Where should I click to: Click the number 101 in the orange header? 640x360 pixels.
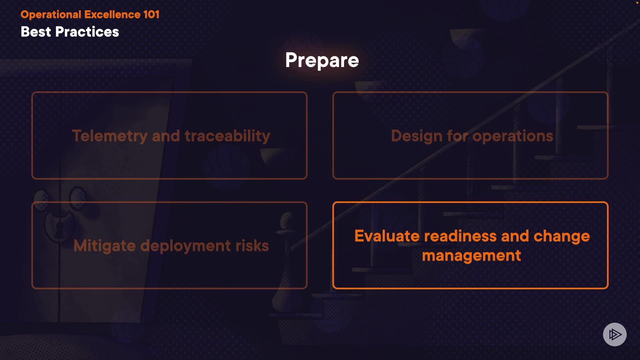pyautogui.click(x=151, y=14)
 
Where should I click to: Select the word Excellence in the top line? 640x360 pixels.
pyautogui.click(x=112, y=14)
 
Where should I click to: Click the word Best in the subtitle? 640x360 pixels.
pyautogui.click(x=36, y=32)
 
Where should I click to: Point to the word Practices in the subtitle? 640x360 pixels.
pyautogui.click(x=87, y=32)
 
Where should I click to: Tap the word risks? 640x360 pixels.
pyautogui.click(x=252, y=246)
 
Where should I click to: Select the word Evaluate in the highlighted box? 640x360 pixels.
pyautogui.click(x=387, y=236)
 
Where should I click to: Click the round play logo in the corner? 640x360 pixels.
pyautogui.click(x=615, y=334)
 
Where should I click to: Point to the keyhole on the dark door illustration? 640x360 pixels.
pyautogui.click(x=59, y=229)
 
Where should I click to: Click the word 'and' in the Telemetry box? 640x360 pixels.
pyautogui.click(x=166, y=136)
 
